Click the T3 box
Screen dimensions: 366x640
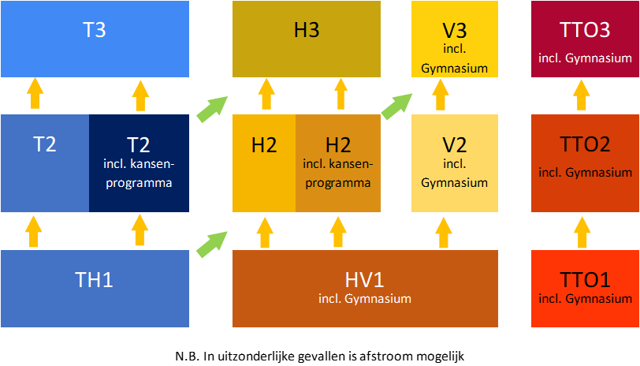coord(95,39)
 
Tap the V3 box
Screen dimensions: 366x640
coord(455,39)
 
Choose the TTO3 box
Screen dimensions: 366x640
coord(584,39)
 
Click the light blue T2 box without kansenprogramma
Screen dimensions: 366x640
coord(45,162)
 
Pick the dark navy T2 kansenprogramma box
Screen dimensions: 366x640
coord(139,162)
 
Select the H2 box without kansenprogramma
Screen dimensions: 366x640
coord(264,162)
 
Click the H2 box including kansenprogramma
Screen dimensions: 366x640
coord(338,162)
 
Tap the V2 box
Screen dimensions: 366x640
coord(455,162)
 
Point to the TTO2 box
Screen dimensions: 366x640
coord(584,162)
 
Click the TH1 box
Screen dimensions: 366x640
coord(95,288)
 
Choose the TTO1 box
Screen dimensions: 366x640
coord(584,288)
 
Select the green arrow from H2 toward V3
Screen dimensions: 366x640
coord(397,105)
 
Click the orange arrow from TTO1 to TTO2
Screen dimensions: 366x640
coord(582,231)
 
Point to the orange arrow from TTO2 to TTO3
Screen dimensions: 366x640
coord(582,95)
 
